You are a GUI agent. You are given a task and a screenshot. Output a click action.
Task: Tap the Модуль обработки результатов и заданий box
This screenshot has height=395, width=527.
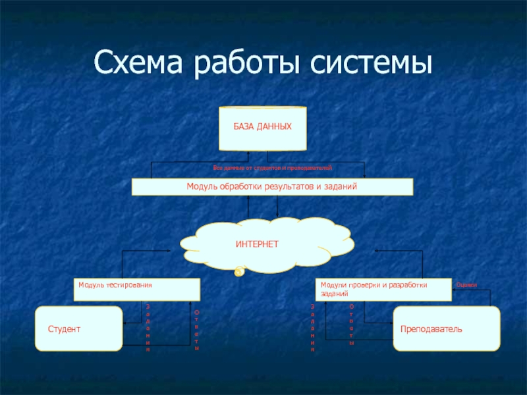coord(272,188)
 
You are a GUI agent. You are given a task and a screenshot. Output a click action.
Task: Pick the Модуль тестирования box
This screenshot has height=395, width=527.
coord(136,290)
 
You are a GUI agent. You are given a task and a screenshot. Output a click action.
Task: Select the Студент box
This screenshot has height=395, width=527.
coord(79,328)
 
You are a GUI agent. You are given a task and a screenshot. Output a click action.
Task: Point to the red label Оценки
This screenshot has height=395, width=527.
coord(466,284)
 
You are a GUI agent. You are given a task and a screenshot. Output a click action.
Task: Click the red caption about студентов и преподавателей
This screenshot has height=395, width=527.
coord(273,169)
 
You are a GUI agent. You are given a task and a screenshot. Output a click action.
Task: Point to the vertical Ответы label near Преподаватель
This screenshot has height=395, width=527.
coord(351,325)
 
